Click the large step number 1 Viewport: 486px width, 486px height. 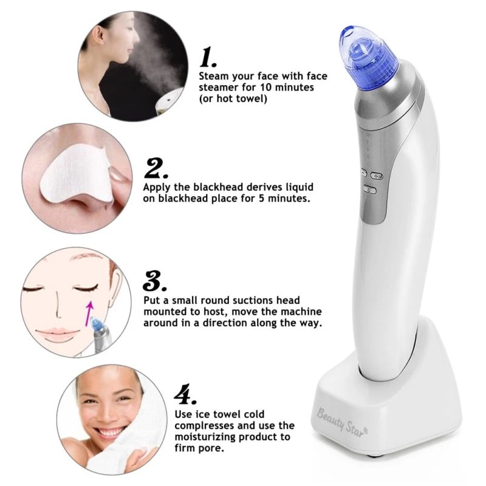tap(208, 58)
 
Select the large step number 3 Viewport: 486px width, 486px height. tap(154, 281)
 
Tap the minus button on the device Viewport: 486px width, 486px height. tap(363, 173)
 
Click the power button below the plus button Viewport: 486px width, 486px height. tap(371, 190)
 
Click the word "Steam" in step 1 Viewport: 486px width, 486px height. tap(213, 77)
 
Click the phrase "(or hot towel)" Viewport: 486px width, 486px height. tap(233, 98)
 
